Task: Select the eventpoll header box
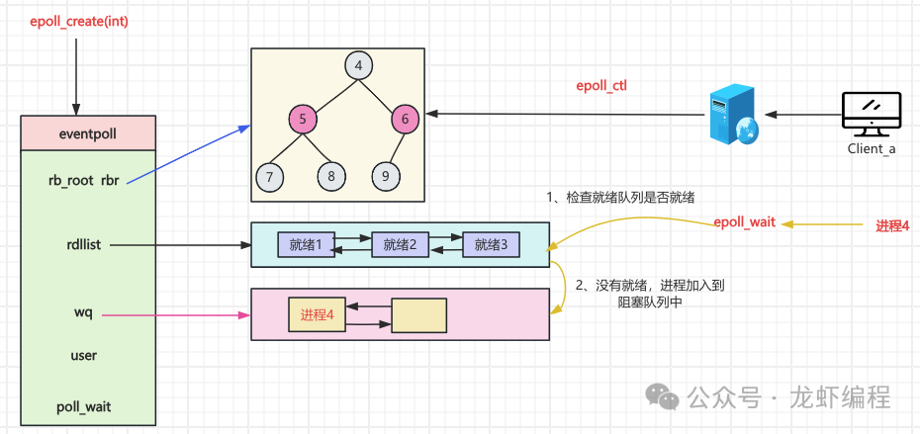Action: point(87,132)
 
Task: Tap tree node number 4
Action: point(358,66)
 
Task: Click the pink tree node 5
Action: point(304,120)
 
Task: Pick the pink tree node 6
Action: point(405,120)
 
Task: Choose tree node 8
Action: point(331,177)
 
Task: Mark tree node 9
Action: point(386,177)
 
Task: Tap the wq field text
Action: point(83,312)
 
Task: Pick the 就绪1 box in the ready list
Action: point(306,243)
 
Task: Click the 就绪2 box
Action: point(399,243)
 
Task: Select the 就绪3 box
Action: point(491,243)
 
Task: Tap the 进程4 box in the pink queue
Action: point(317,315)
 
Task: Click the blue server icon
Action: point(733,114)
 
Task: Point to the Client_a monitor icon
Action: point(871,114)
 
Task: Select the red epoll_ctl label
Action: point(601,86)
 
